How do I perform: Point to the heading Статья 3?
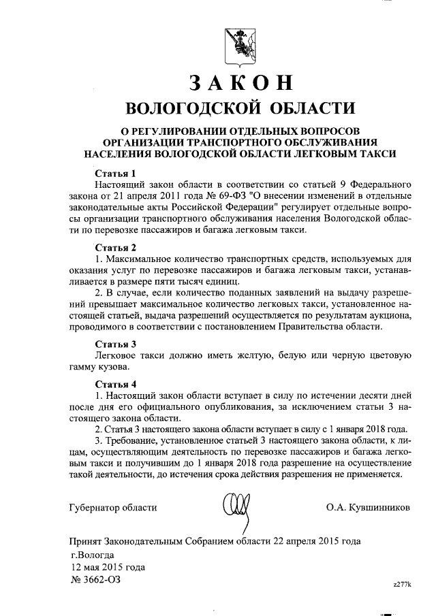pos(116,343)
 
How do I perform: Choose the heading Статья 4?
pos(116,383)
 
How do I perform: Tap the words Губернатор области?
pos(113,507)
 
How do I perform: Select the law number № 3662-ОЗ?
pos(98,580)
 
